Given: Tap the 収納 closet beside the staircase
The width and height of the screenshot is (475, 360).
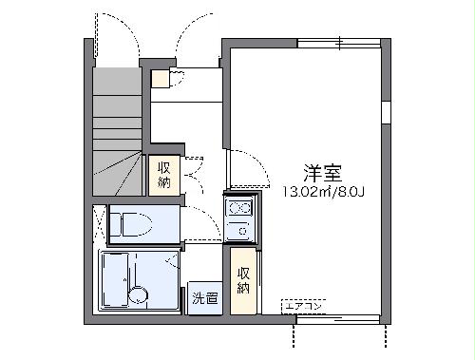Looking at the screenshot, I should coord(163,173).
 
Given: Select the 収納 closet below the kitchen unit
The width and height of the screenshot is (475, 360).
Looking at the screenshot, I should coord(243,276).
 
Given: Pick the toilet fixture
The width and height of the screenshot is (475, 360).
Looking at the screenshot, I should coord(130,225).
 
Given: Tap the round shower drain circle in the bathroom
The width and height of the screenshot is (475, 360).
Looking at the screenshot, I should coord(139,294).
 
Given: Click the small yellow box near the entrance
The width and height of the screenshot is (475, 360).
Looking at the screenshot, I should coord(160,78).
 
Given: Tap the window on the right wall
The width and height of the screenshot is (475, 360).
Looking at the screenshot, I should coord(387,109).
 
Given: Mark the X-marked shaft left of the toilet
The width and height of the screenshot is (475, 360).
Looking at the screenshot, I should coord(100,225).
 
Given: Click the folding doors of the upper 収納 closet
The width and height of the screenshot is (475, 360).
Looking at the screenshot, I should coord(189,173).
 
